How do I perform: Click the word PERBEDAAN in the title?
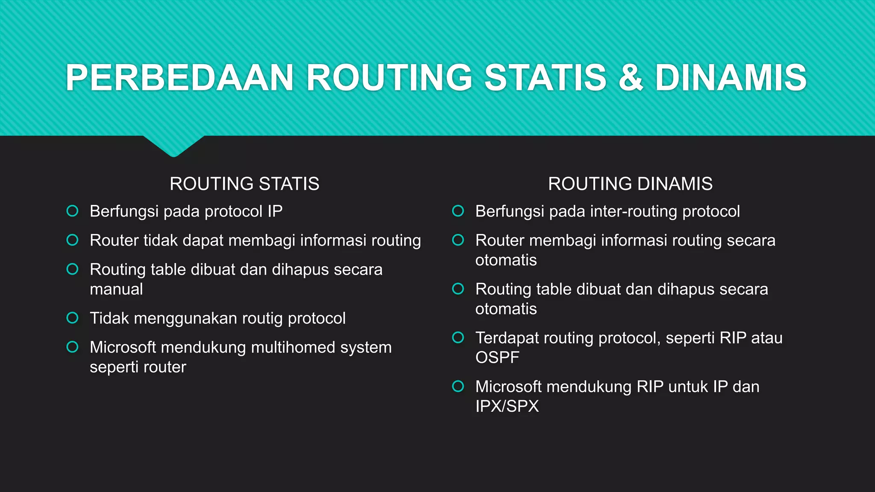click(x=179, y=78)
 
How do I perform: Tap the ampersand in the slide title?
click(x=630, y=78)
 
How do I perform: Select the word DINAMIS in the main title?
click(x=731, y=78)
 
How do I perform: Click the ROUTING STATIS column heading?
click(x=244, y=184)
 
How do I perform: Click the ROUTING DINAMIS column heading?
click(x=630, y=184)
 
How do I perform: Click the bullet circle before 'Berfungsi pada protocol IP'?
click(x=73, y=211)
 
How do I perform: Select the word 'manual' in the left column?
click(x=116, y=290)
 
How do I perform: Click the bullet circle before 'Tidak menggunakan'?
click(x=73, y=318)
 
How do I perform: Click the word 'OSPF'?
click(x=497, y=358)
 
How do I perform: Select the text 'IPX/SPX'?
click(x=507, y=407)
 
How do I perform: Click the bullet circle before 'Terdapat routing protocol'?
click(x=458, y=337)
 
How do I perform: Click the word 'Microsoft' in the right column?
click(x=508, y=387)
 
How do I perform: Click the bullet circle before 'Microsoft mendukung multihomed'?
click(x=73, y=347)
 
